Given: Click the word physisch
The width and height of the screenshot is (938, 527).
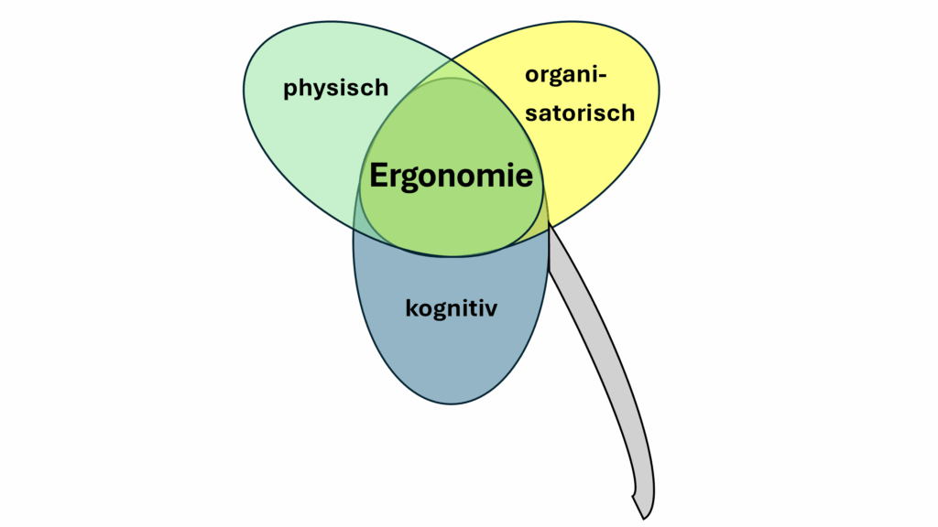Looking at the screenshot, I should click(336, 88).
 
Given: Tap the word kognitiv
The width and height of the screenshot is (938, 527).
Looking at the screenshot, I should click(451, 307).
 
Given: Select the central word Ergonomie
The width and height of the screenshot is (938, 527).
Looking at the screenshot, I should click(451, 176).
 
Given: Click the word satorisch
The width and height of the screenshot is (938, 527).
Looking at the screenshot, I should click(580, 113).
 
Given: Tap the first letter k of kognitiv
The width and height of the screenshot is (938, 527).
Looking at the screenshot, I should click(411, 307).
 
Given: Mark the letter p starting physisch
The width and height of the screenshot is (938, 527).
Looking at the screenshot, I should click(290, 90).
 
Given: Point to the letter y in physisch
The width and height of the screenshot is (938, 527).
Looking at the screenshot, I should click(318, 91).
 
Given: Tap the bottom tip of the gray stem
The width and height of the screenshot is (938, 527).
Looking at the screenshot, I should click(647, 514).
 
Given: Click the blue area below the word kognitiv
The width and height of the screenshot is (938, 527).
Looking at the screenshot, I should click(451, 361).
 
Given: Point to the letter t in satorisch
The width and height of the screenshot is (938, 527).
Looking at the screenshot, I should click(565, 113).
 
